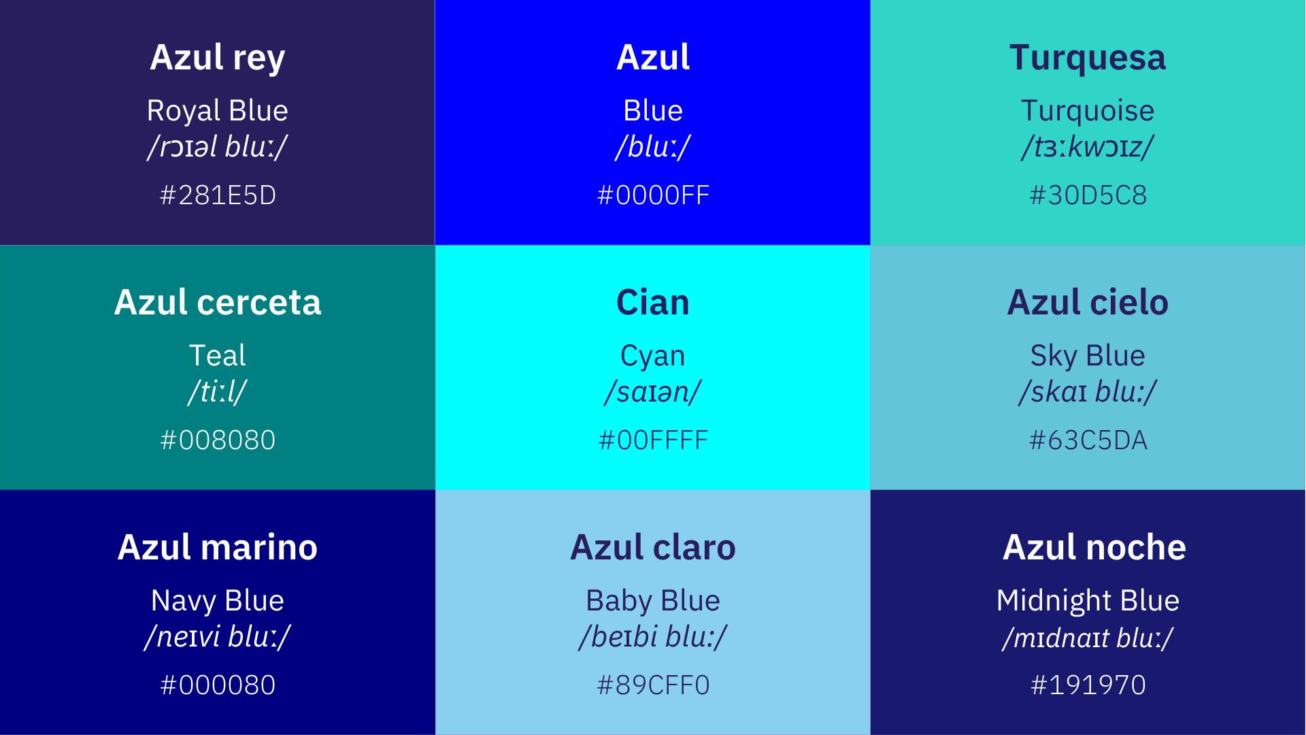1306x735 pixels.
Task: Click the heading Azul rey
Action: click(218, 58)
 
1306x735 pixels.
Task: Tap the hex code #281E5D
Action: click(218, 195)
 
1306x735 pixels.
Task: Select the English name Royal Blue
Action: click(218, 111)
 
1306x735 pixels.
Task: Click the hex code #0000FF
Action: click(653, 195)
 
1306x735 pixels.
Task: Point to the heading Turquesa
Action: click(1088, 58)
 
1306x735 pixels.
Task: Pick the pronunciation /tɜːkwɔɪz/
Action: click(1088, 147)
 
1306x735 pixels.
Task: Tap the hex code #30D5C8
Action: click(1088, 195)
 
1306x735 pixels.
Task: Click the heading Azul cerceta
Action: click(218, 302)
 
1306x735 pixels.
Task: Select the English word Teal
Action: click(218, 355)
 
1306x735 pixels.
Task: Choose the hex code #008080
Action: click(218, 440)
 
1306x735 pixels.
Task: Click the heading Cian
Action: click(653, 302)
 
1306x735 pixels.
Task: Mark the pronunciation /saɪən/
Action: click(653, 392)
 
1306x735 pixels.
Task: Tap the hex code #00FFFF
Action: click(653, 440)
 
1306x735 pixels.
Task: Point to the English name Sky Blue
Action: click(1088, 356)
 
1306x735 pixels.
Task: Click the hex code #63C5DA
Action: click(1088, 440)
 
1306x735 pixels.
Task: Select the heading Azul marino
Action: click(218, 547)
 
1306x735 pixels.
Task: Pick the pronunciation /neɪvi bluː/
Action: click(218, 637)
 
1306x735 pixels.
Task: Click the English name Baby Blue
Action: click(653, 601)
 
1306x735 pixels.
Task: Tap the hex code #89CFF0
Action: click(653, 685)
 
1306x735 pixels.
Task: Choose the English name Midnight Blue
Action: click(1088, 601)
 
